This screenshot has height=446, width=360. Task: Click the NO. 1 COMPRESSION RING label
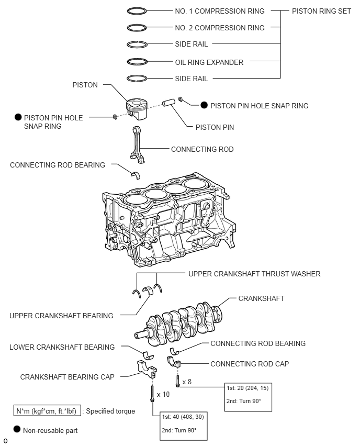[x=220, y=11]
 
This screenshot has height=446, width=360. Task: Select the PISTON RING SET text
[x=321, y=11]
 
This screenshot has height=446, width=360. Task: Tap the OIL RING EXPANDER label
[x=209, y=62]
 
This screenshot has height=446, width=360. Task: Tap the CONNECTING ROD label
[x=202, y=150]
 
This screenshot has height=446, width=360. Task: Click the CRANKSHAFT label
[x=261, y=298]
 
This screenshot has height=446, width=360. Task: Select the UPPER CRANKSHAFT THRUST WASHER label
[x=254, y=274]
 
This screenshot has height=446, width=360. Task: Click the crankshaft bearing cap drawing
[x=148, y=368]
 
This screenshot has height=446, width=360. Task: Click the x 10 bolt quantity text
[x=163, y=394]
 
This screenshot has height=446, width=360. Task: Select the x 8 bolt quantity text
[x=186, y=382]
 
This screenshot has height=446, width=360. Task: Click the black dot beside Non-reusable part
[x=17, y=430]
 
